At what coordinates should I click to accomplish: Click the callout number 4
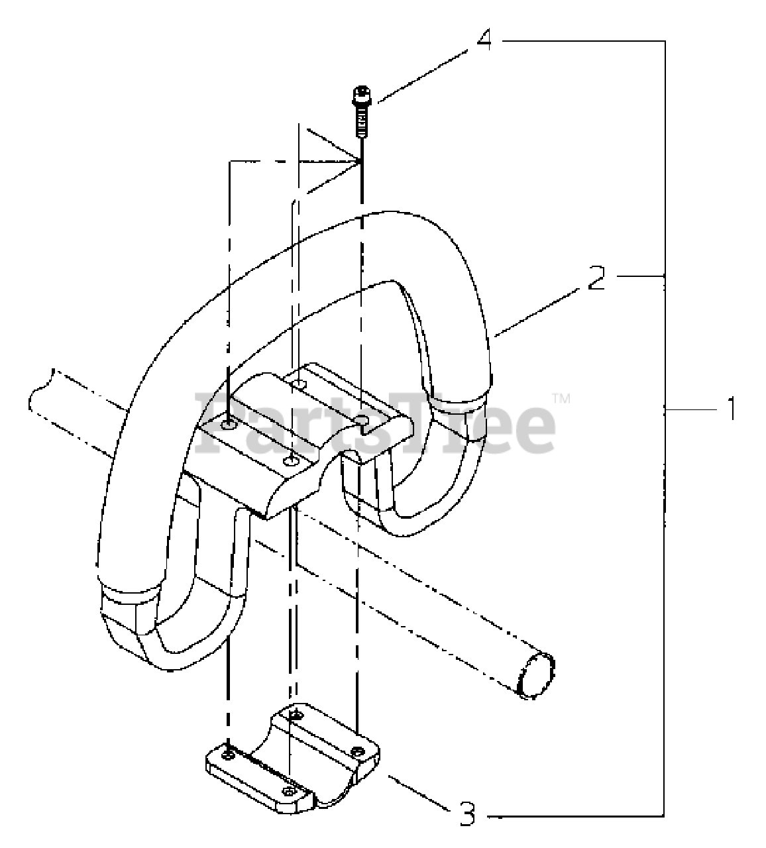(x=484, y=40)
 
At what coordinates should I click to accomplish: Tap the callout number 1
(x=731, y=408)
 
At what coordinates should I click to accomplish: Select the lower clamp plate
(x=292, y=762)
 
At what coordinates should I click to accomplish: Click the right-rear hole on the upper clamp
(x=361, y=420)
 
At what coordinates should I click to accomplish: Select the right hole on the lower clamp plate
(x=358, y=751)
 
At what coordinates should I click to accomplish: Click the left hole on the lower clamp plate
(x=228, y=755)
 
